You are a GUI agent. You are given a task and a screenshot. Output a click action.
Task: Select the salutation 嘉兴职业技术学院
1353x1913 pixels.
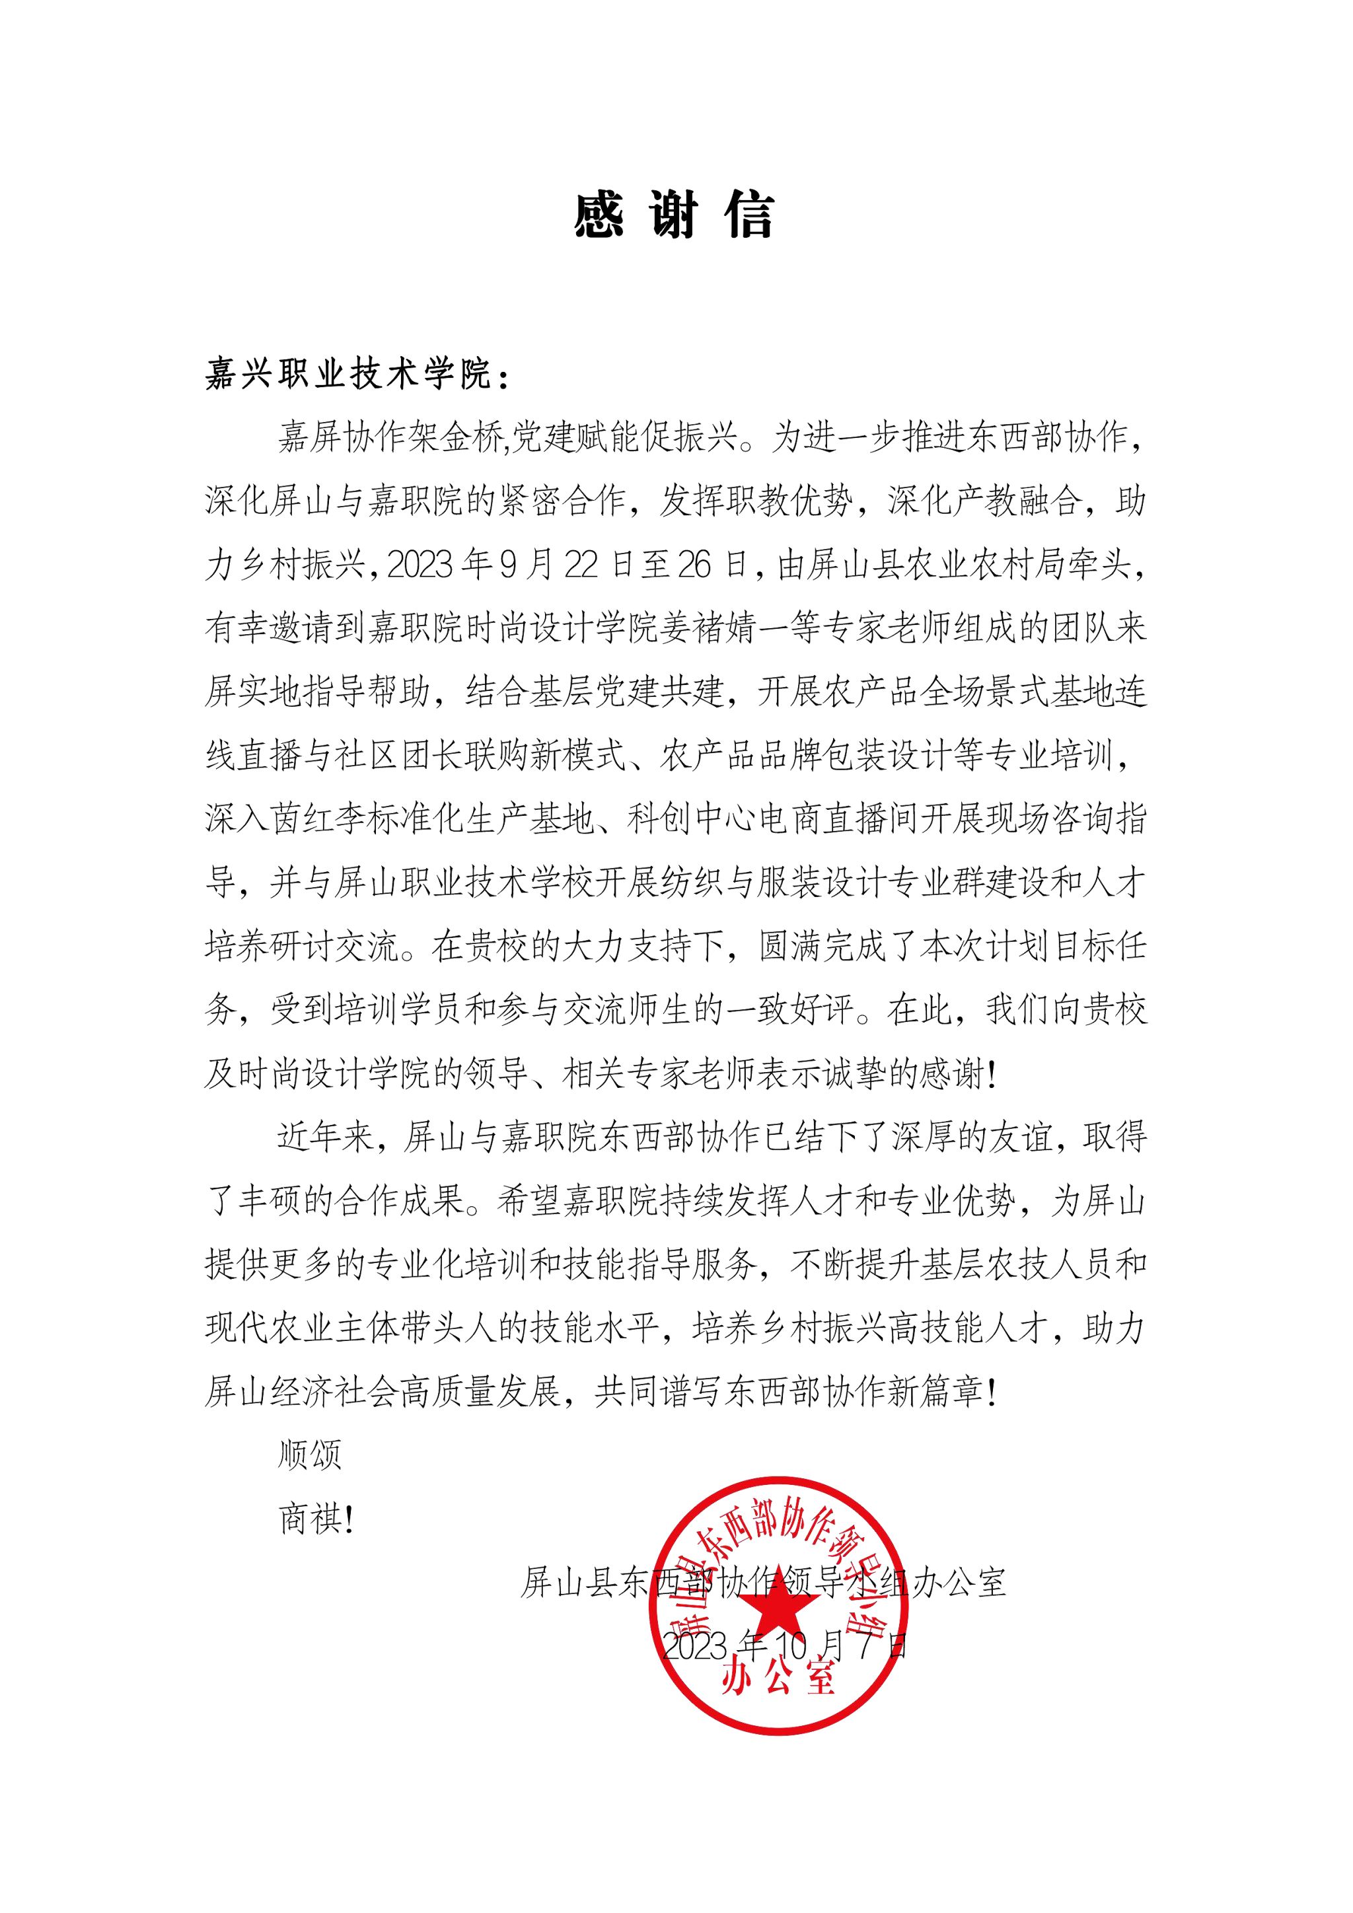(348, 376)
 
